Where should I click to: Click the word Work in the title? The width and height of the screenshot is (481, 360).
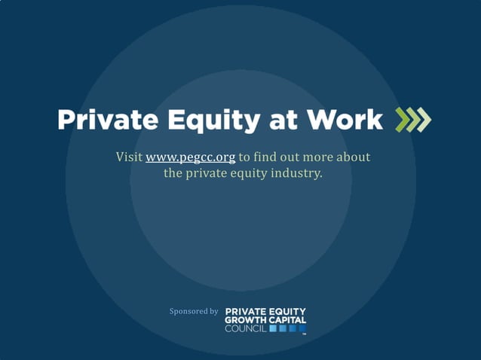pyautogui.click(x=348, y=120)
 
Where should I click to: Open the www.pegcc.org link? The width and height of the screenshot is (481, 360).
pyautogui.click(x=190, y=157)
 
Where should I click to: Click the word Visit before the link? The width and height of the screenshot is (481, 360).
pyautogui.click(x=129, y=157)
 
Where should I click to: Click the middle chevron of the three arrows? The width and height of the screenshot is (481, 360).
pyautogui.click(x=412, y=121)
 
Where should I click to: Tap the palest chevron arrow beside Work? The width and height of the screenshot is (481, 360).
pyautogui.click(x=424, y=121)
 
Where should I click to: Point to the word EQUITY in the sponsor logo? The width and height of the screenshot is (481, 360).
pyautogui.click(x=288, y=311)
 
